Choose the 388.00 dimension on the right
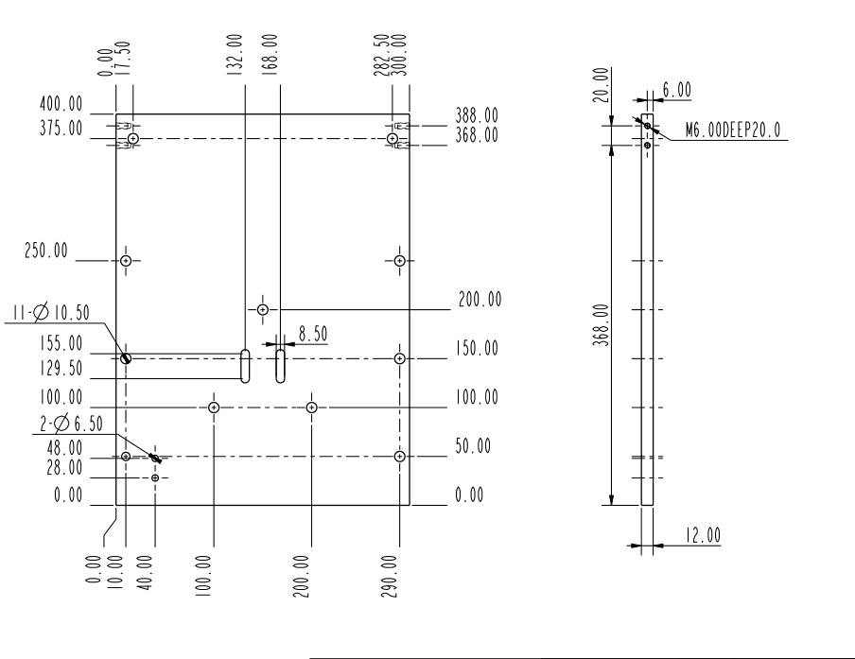[479, 114]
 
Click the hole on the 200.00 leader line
[263, 309]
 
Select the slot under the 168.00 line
[281, 365]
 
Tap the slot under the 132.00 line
[245, 365]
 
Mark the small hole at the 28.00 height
[155, 477]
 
